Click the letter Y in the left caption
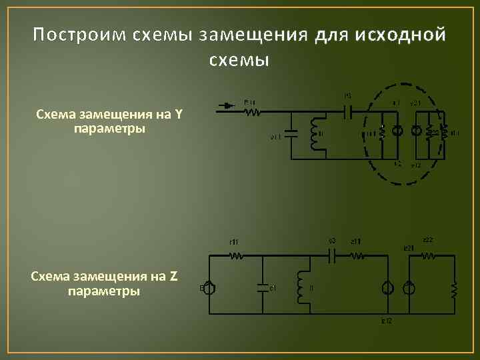[x=178, y=114]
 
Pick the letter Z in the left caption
[x=174, y=277]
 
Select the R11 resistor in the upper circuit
[x=252, y=111]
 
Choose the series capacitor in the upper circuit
[x=347, y=111]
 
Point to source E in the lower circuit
[x=209, y=288]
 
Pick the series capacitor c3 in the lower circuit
[x=333, y=254]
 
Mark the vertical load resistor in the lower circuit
[x=455, y=290]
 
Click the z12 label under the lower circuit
[x=387, y=321]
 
